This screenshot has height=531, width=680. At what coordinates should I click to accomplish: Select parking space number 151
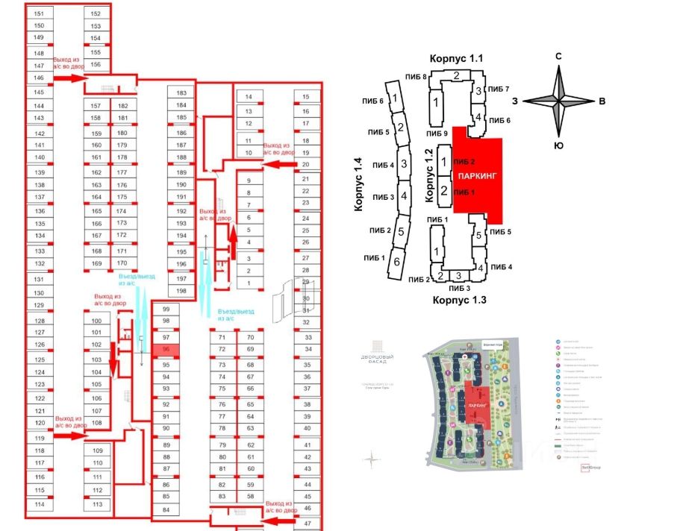[40, 14]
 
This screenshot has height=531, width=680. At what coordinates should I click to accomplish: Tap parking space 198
[181, 290]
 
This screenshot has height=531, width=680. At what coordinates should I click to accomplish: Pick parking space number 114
[40, 504]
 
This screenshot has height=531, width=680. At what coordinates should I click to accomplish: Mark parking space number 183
[181, 93]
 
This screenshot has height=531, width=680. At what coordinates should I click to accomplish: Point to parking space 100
[96, 318]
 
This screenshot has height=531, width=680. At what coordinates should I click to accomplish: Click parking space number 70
[251, 337]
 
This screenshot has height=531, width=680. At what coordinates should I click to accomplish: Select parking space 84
[166, 510]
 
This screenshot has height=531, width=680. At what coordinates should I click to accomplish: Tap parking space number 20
[306, 164]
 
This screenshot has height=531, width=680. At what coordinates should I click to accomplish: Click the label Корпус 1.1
[456, 58]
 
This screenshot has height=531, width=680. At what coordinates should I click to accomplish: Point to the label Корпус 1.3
[458, 300]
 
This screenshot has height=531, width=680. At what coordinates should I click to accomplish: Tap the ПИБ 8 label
[414, 77]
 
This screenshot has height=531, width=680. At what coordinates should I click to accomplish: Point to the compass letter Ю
[558, 145]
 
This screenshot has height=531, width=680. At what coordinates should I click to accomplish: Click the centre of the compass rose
[558, 101]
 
